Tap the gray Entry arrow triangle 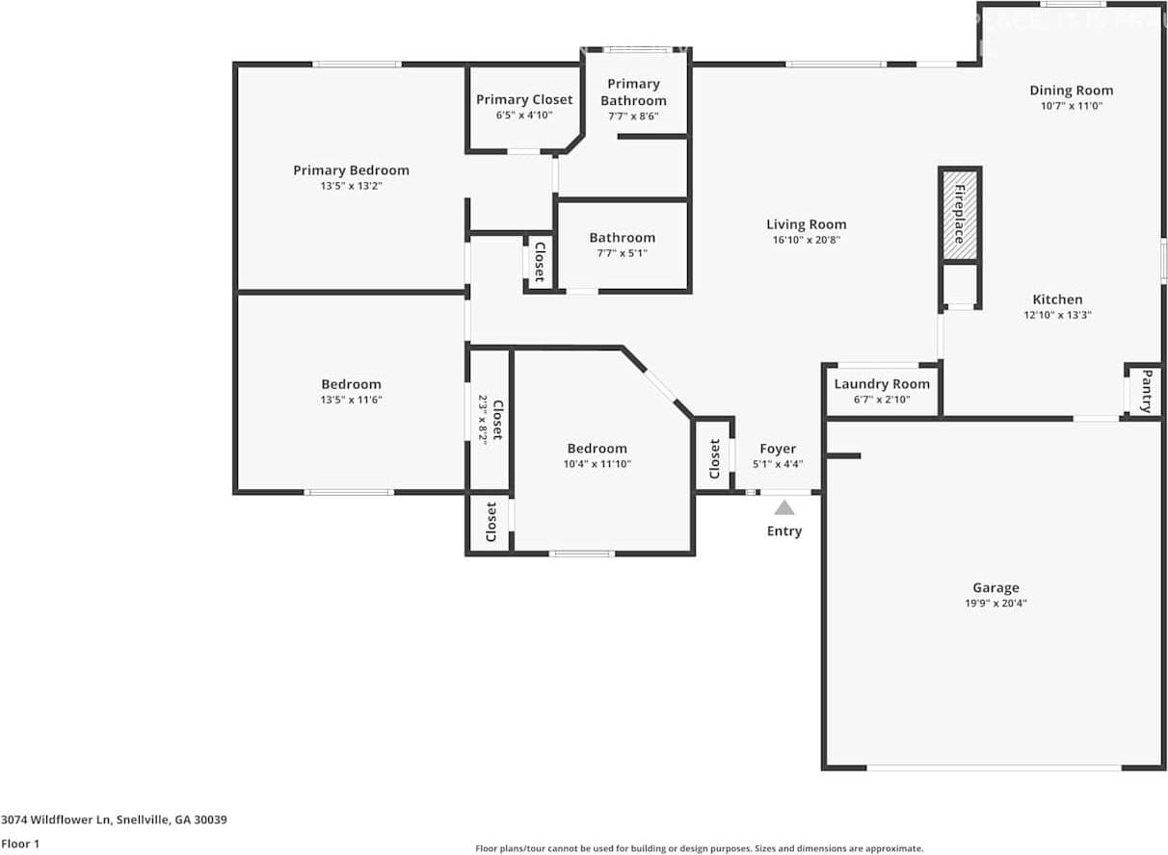784,507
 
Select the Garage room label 995,587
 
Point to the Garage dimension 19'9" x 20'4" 995,604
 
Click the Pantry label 1147,391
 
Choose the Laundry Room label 882,384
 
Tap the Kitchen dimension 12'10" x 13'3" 1057,315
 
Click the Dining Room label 1071,91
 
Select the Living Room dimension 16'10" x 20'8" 807,240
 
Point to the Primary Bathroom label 633,91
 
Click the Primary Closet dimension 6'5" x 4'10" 524,116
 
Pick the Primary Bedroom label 351,170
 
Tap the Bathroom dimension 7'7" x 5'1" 622,253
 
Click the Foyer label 778,449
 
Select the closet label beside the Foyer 714,458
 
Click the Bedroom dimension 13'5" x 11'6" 351,400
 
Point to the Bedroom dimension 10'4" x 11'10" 597,464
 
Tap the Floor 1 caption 20,844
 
